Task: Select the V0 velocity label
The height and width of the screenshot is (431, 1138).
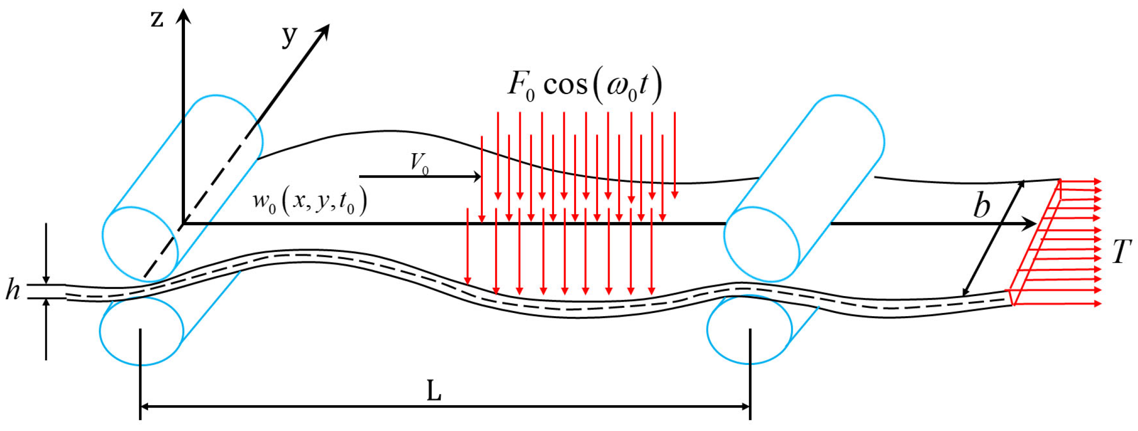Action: point(419,163)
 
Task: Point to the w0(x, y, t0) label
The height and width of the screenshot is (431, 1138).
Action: point(310,202)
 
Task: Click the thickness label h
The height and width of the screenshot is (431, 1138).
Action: point(13,290)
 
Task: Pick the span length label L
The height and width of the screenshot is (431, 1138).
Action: point(434,391)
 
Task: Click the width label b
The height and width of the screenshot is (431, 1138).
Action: point(982,206)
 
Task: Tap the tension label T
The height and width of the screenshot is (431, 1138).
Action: point(1122,252)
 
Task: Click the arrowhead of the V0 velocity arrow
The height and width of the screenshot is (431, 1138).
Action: point(477,177)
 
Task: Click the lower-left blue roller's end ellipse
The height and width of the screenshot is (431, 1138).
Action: point(141,331)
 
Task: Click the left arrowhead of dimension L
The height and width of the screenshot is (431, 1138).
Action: point(145,406)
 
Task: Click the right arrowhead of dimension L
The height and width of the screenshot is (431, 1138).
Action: point(746,406)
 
